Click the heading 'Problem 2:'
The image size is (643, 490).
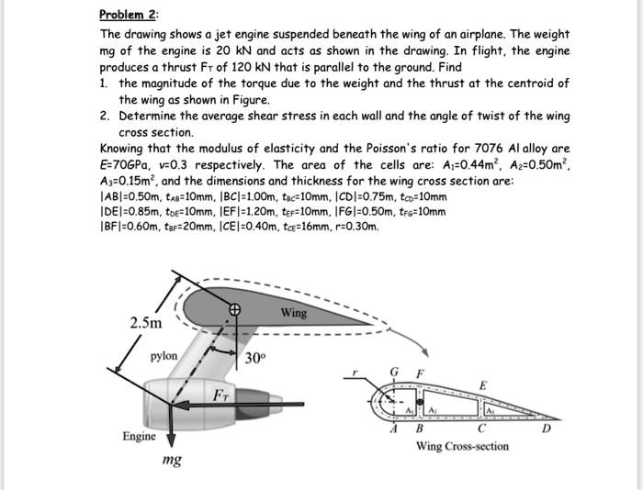pos(129,15)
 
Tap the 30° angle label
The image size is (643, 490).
pos(256,358)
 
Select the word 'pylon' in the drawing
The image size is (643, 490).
pos(165,355)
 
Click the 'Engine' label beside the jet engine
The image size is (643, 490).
pos(140,436)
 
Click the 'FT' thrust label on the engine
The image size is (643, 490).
pos(221,395)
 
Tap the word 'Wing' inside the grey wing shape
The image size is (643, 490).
pos(294,313)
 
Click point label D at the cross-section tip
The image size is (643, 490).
pos(548,428)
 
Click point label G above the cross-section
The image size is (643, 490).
pos(395,373)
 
